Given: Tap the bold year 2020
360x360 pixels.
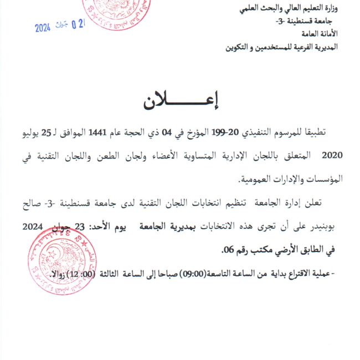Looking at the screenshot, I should pos(332,156).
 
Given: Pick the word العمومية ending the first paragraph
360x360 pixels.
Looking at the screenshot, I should pos(261,179).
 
